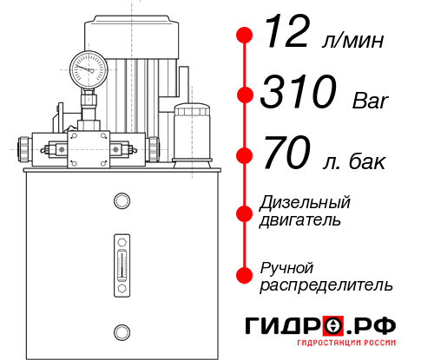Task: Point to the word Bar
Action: click(x=370, y=101)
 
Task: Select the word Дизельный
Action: click(x=305, y=203)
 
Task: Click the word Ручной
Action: click(x=286, y=266)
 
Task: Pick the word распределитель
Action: click(x=326, y=284)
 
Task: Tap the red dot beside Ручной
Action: click(x=245, y=275)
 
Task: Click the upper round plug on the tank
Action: click(x=122, y=202)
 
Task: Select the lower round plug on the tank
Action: click(x=122, y=331)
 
